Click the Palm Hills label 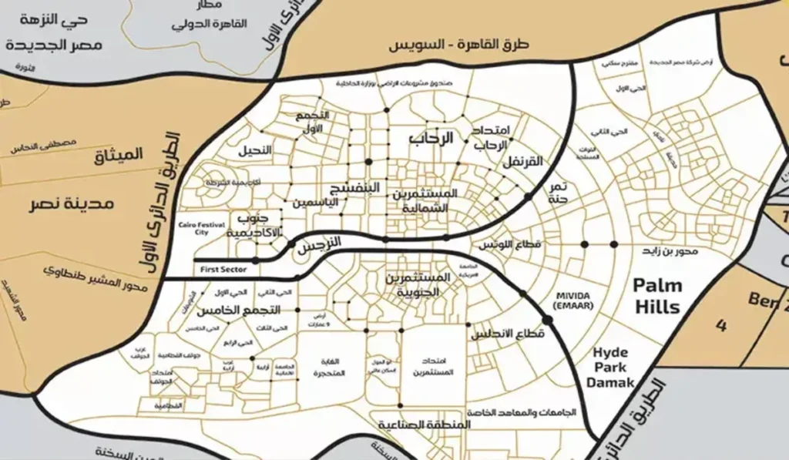pyautogui.click(x=657, y=296)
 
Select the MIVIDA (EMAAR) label pyautogui.click(x=571, y=300)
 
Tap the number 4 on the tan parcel pyautogui.click(x=720, y=326)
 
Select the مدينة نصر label pyautogui.click(x=75, y=204)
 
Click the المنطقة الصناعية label pyautogui.click(x=425, y=425)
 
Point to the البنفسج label pyautogui.click(x=356, y=186)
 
